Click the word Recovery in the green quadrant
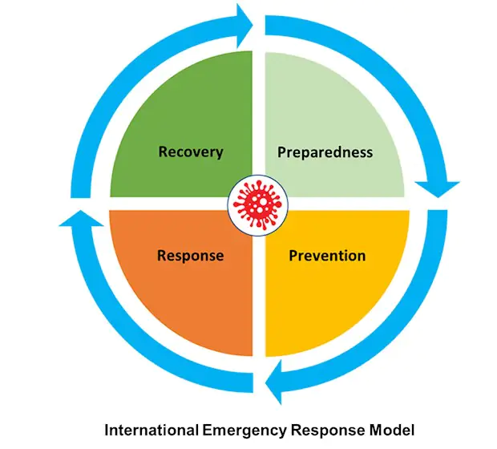point(190,152)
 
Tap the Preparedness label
point(325,152)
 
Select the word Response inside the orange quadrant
point(190,257)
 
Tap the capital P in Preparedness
point(282,152)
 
